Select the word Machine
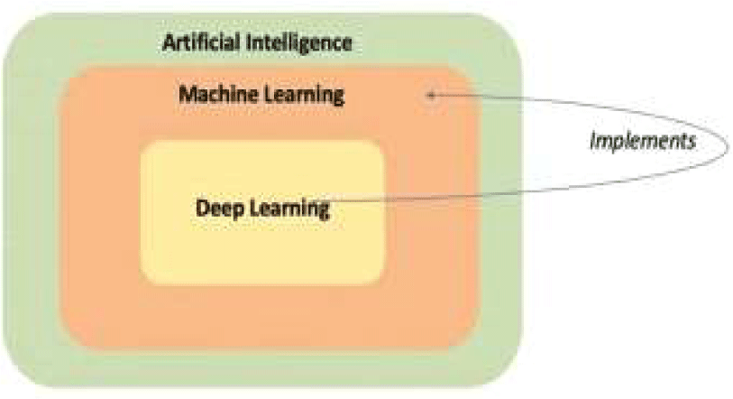click(x=214, y=94)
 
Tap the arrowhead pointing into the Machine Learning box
click(x=433, y=95)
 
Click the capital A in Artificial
click(x=168, y=42)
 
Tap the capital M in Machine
click(x=186, y=94)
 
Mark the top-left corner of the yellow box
click(x=142, y=142)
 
